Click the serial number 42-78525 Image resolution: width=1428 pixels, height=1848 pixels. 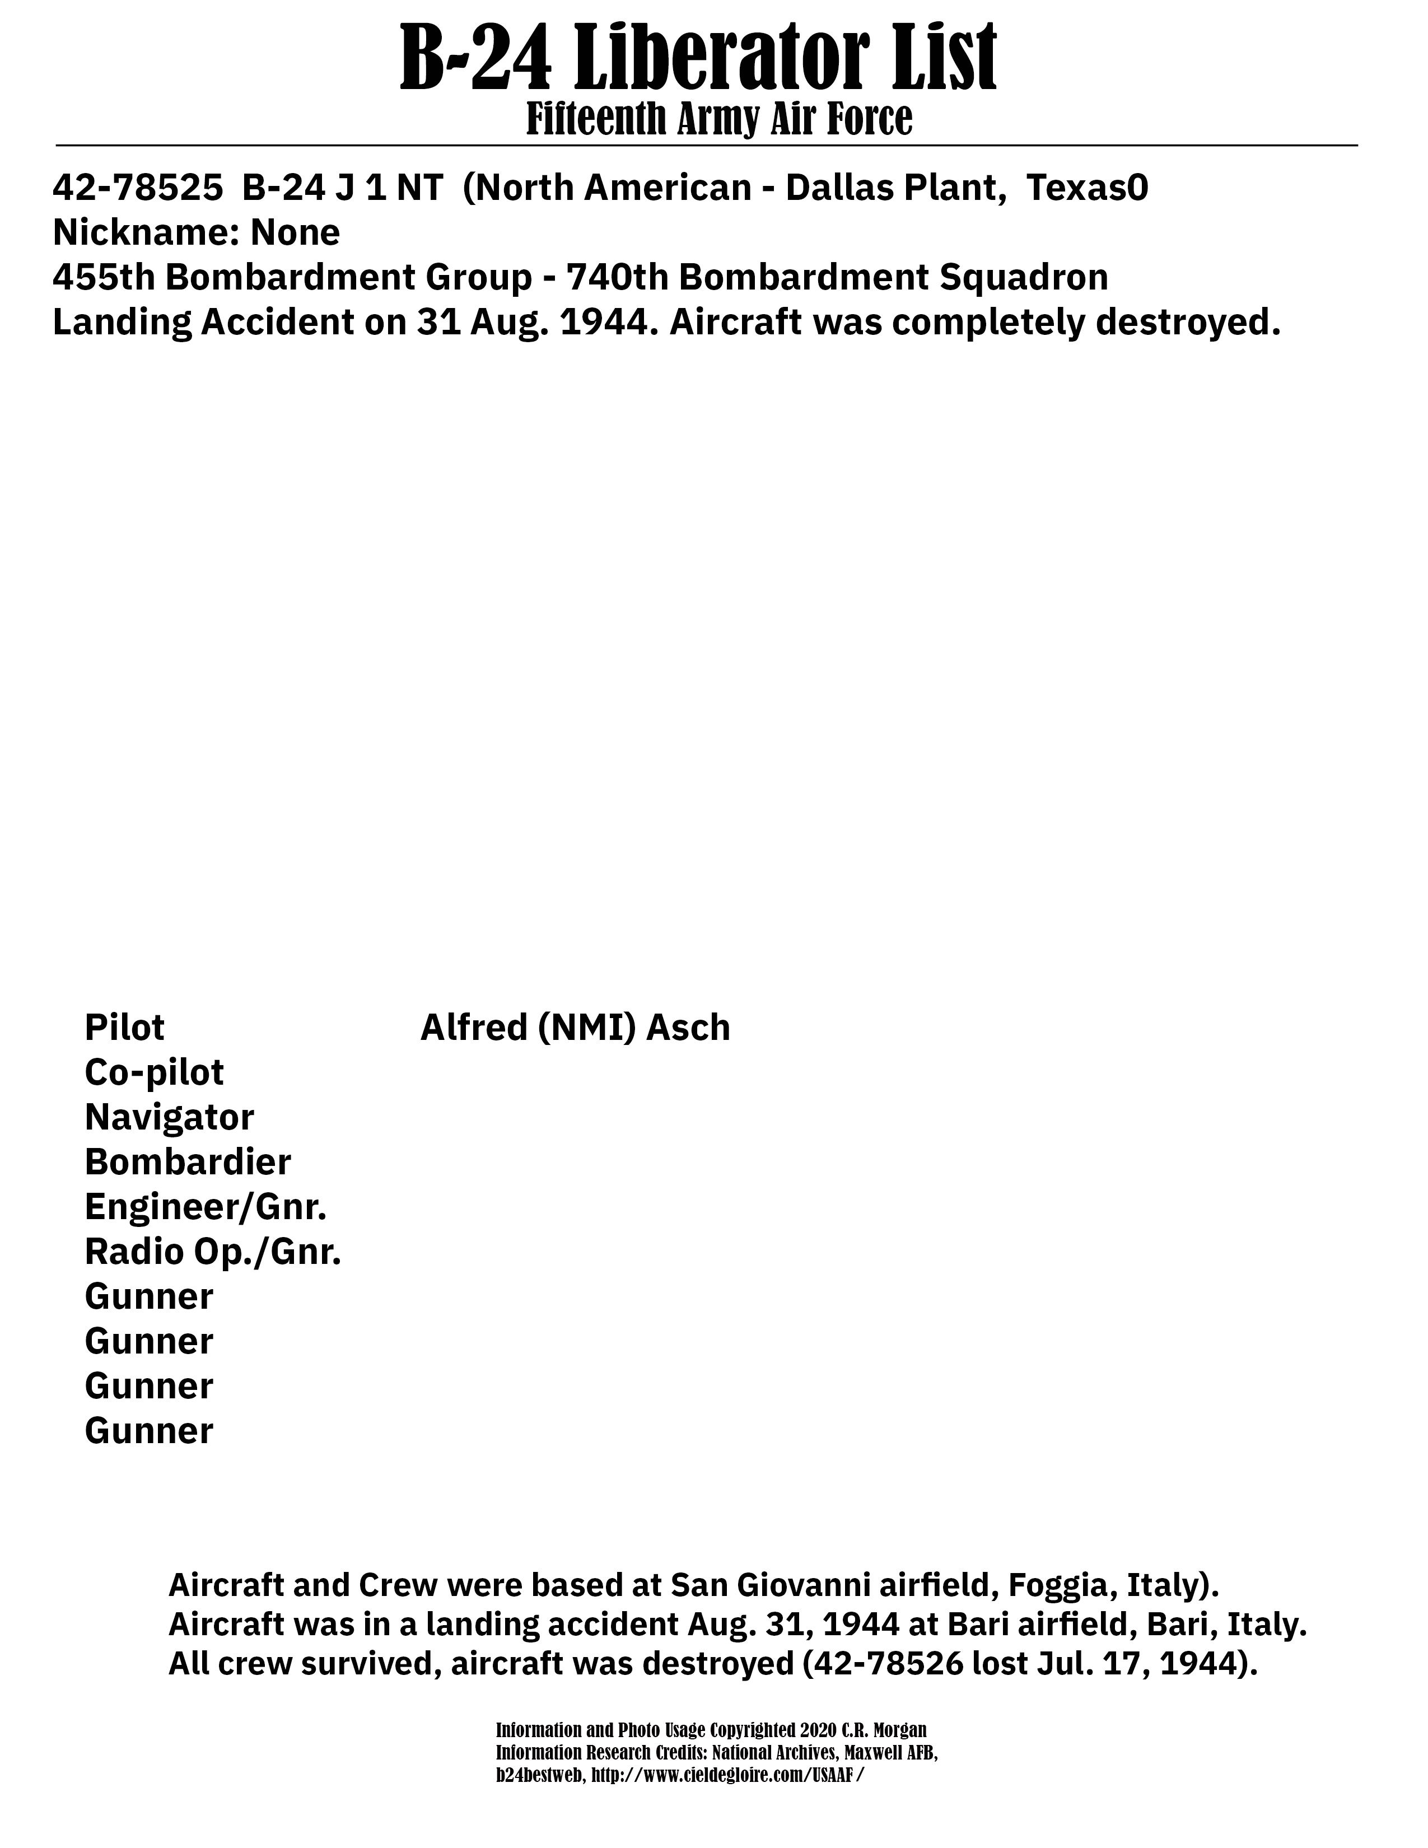[x=137, y=188]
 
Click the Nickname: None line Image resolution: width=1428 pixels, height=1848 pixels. [x=196, y=233]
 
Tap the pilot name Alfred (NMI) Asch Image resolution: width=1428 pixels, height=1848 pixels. [x=575, y=1027]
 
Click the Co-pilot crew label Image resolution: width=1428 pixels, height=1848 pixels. [x=154, y=1072]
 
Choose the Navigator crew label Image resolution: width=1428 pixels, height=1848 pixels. [x=169, y=1117]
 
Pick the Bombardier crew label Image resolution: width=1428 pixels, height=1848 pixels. [x=188, y=1162]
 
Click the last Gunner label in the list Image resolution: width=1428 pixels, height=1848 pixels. [x=149, y=1431]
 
